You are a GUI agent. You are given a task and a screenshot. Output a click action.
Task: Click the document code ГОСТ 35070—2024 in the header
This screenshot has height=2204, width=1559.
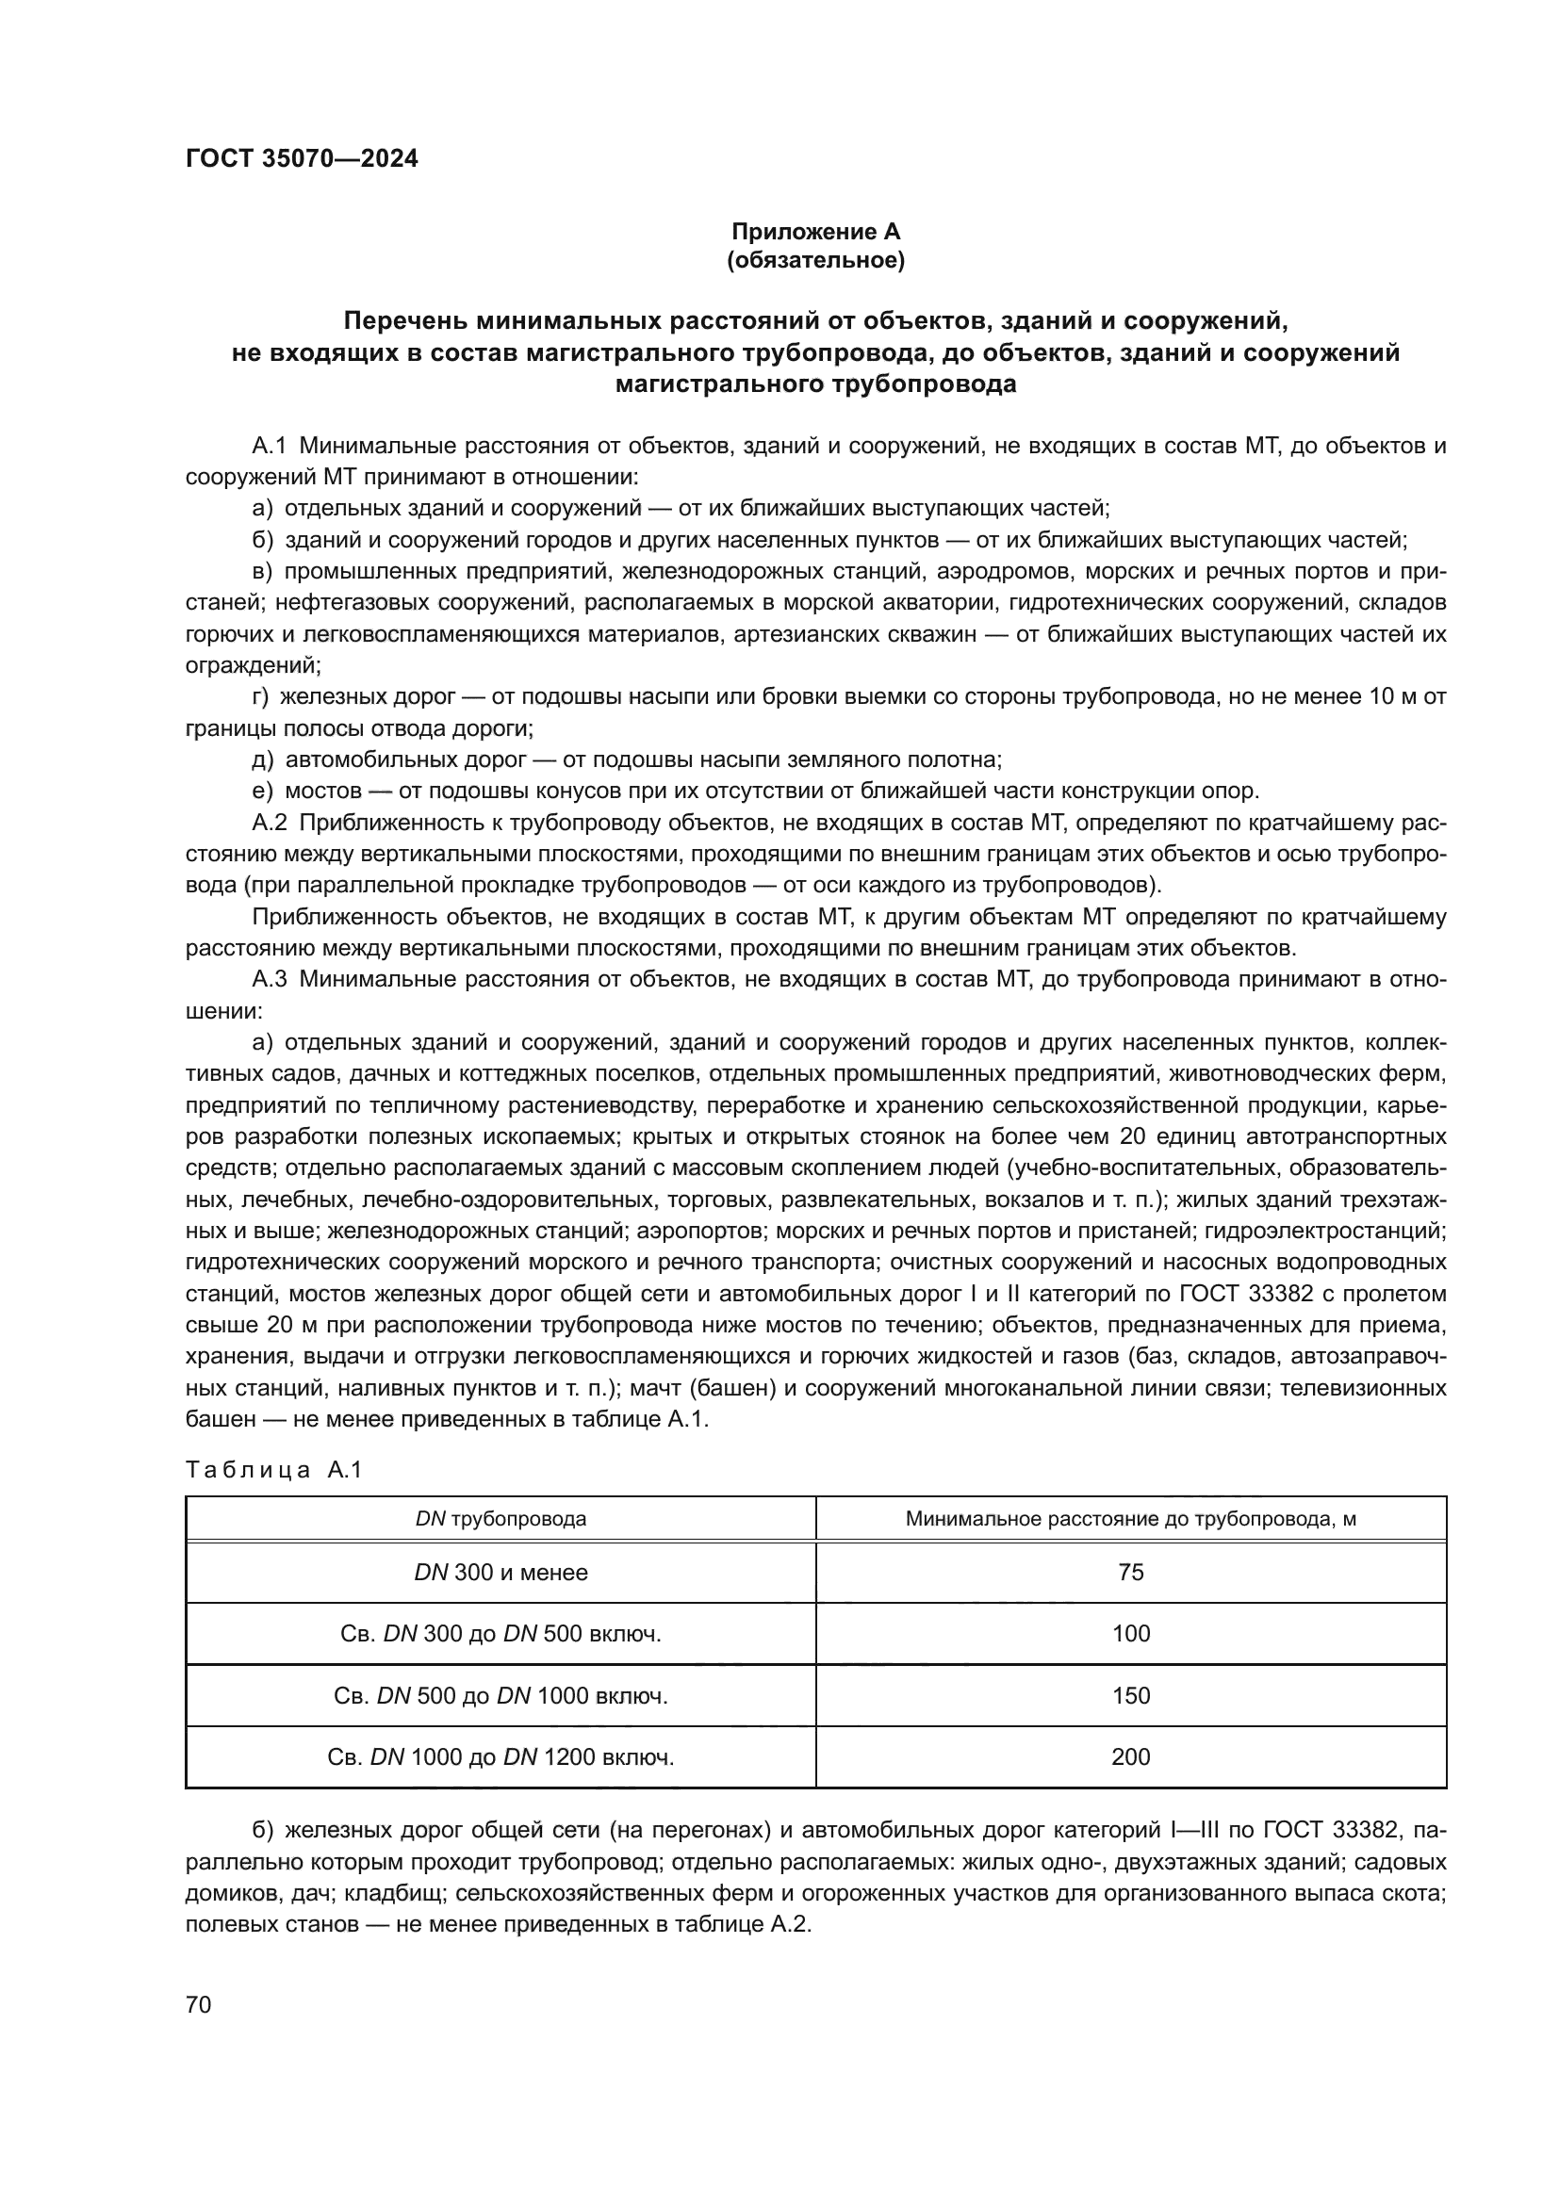click(302, 158)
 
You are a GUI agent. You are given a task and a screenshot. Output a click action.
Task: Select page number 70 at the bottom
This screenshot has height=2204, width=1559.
click(198, 2004)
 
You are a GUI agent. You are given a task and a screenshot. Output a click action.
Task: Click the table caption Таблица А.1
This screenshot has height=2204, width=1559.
click(273, 1470)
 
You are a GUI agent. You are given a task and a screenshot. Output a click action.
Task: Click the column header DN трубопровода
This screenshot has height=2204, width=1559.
click(501, 1519)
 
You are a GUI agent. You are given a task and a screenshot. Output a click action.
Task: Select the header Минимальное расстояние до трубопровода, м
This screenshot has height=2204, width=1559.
click(1130, 1519)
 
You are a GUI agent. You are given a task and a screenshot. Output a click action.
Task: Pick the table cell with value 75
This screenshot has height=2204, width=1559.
click(1130, 1573)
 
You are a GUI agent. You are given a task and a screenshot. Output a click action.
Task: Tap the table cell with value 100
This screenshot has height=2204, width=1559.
click(1130, 1634)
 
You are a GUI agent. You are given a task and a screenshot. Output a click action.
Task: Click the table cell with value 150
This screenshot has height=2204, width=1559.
click(1130, 1695)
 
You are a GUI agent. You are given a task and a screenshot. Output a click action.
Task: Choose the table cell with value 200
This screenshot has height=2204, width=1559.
click(1130, 1756)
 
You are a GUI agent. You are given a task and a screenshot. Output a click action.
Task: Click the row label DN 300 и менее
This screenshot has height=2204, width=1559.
click(501, 1573)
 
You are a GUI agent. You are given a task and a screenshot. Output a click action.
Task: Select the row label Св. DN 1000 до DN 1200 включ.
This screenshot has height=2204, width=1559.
click(501, 1756)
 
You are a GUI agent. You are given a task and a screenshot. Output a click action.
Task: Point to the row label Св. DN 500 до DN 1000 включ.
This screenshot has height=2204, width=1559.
click(501, 1695)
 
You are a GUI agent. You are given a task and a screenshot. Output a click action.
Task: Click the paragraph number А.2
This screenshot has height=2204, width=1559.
click(270, 823)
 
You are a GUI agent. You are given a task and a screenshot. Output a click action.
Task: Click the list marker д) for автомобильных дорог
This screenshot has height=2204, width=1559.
click(262, 760)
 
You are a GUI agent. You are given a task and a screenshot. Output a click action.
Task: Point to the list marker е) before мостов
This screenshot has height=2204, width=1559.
click(262, 791)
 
